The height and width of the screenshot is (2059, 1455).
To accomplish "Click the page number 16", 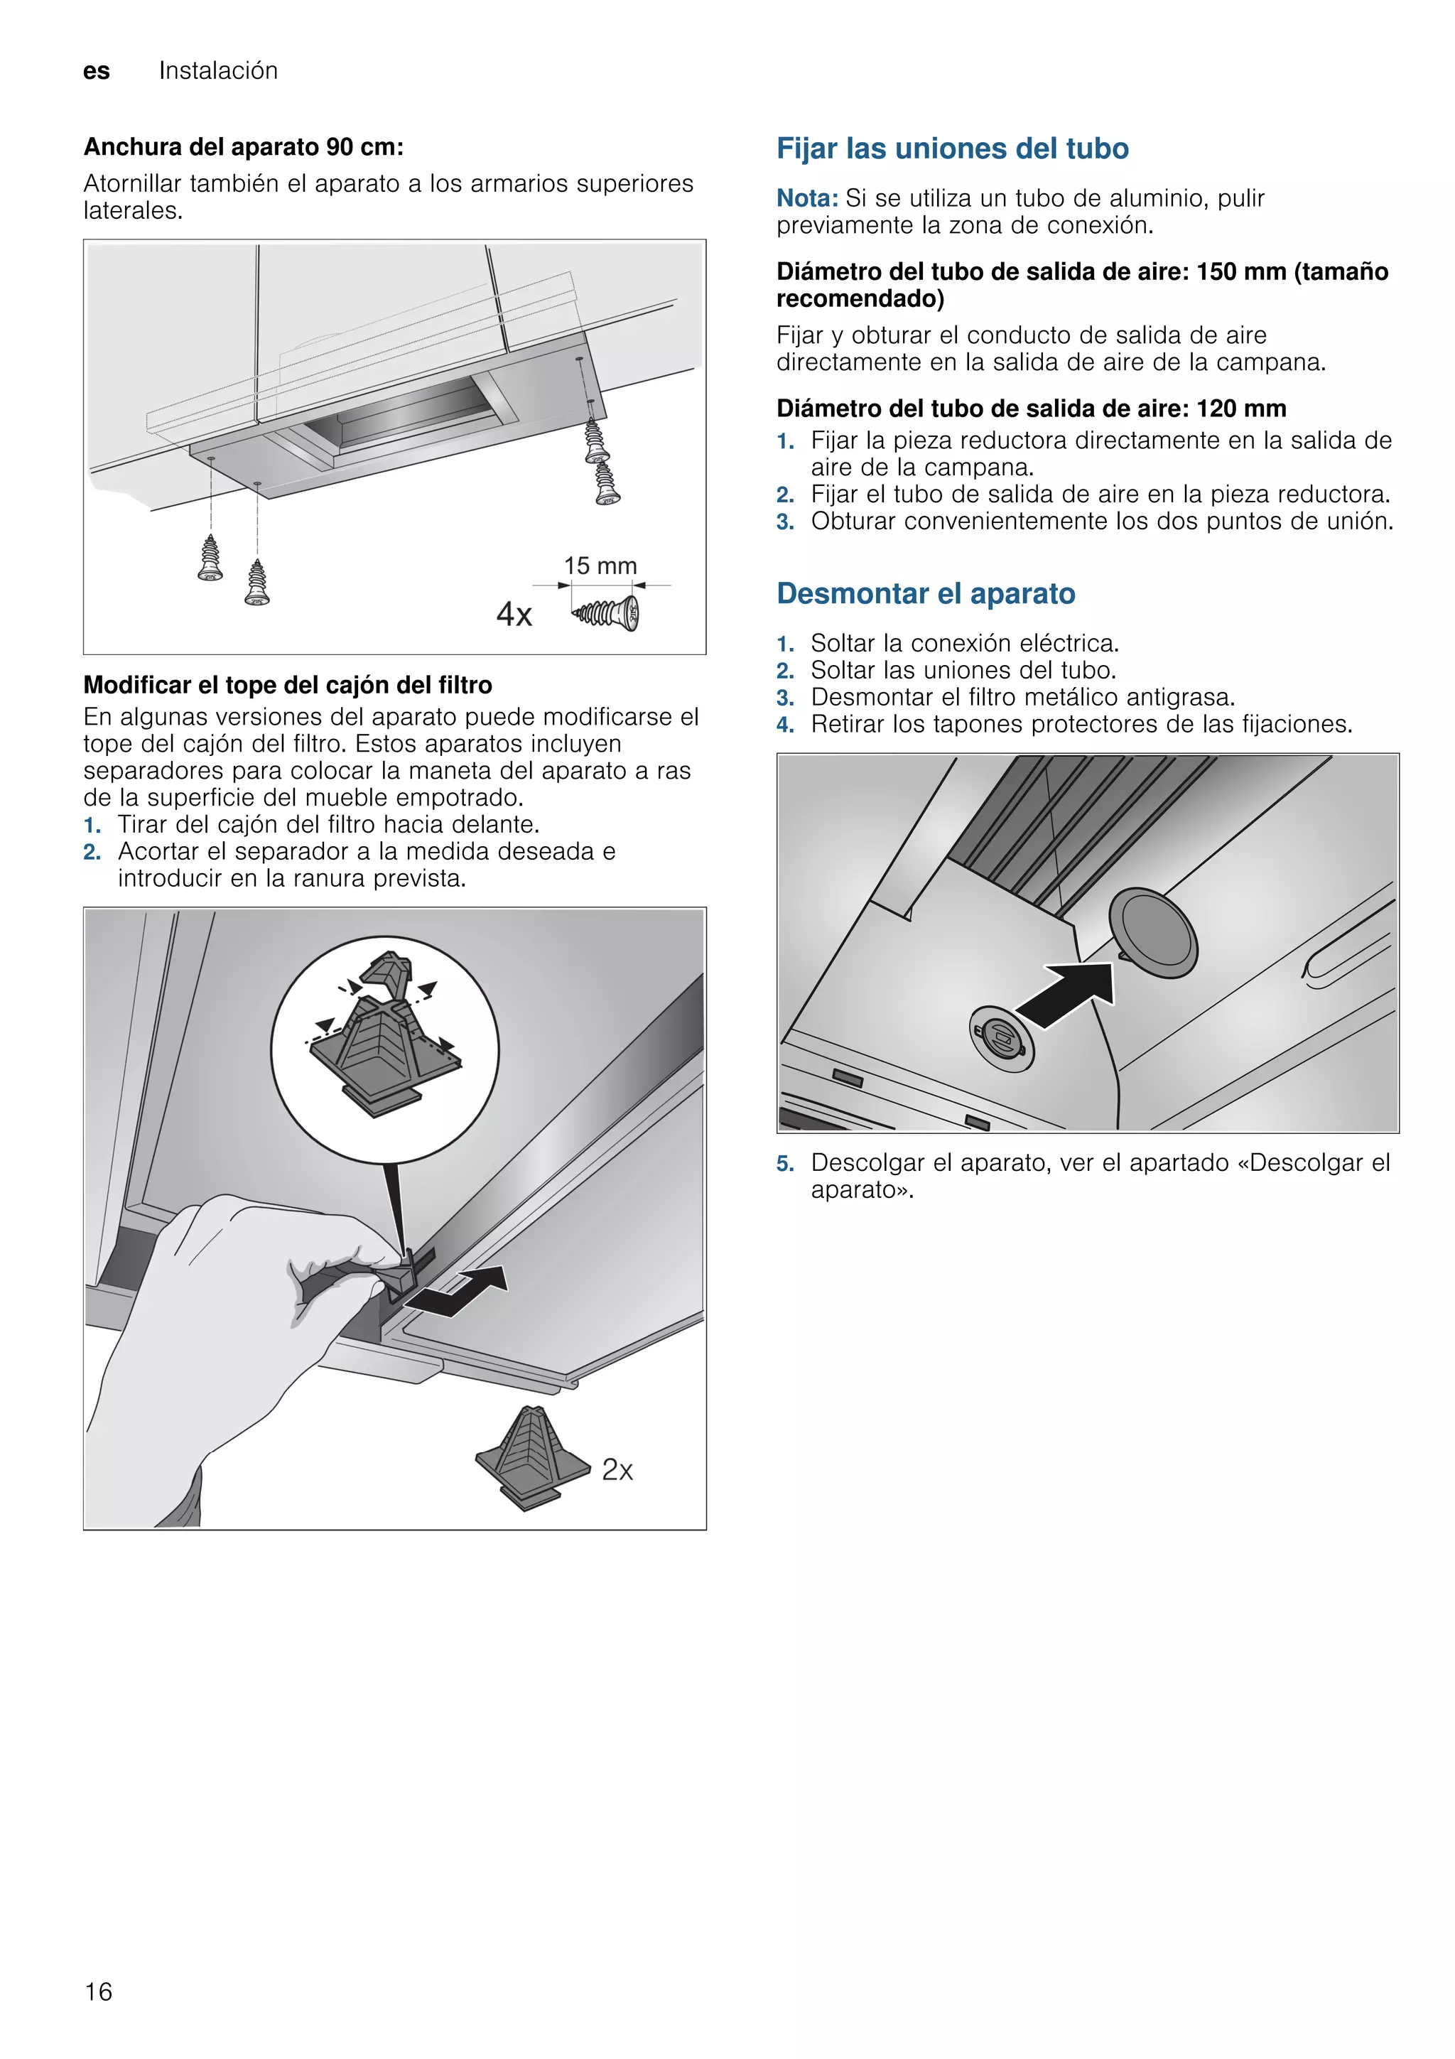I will [x=99, y=1991].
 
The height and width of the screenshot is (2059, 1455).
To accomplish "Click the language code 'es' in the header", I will [x=97, y=71].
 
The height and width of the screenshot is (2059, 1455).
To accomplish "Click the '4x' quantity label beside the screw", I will [x=514, y=615].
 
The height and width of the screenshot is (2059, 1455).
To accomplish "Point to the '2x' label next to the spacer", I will [x=617, y=1469].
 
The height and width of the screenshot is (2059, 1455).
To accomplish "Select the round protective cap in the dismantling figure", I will [x=1153, y=933].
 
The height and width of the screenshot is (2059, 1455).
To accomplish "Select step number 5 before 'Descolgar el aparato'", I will [x=785, y=1163].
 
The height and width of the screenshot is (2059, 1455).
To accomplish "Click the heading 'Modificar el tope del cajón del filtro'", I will [x=288, y=685].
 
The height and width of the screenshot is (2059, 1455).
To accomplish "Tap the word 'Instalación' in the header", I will [x=218, y=71].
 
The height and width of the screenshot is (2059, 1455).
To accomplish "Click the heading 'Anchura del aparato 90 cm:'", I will [x=243, y=146].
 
